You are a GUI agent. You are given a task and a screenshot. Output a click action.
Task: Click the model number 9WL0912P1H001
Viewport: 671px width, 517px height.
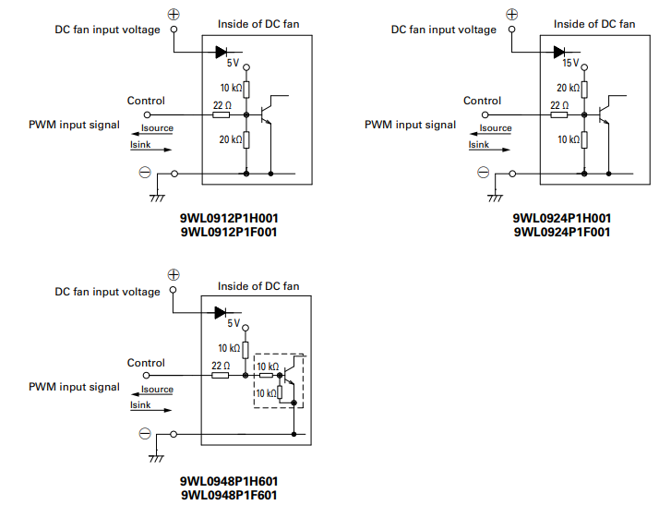point(229,219)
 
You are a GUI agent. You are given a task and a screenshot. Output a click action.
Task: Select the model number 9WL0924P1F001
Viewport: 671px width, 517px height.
point(562,232)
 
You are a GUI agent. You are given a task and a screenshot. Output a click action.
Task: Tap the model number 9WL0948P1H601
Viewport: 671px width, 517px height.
point(229,482)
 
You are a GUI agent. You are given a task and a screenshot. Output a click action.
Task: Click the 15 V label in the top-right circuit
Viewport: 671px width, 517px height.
point(569,64)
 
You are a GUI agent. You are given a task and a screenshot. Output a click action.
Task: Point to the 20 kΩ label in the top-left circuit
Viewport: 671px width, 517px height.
point(230,139)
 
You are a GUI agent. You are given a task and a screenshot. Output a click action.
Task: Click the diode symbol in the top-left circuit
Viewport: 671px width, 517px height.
point(221,52)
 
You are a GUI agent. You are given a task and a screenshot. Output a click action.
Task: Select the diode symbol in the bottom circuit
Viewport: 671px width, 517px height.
point(221,313)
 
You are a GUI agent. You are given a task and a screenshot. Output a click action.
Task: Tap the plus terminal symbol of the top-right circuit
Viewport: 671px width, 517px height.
point(512,14)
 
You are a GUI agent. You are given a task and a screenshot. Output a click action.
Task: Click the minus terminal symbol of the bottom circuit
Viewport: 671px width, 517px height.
point(145,434)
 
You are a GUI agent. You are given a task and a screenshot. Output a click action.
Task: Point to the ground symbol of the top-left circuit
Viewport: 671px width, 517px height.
point(157,197)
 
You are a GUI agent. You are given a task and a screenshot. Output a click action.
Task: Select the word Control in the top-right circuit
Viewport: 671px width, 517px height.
point(482,101)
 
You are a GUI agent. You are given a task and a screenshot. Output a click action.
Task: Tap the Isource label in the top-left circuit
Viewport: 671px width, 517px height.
point(157,128)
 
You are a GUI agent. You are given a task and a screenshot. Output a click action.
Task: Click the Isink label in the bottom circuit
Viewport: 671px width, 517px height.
point(139,405)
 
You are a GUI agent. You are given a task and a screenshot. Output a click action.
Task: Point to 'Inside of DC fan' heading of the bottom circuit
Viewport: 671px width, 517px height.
point(258,286)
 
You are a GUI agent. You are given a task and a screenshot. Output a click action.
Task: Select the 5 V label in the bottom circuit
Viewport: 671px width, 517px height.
point(233,324)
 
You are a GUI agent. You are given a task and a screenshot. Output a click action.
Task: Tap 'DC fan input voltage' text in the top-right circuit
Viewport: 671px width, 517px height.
point(443,30)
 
